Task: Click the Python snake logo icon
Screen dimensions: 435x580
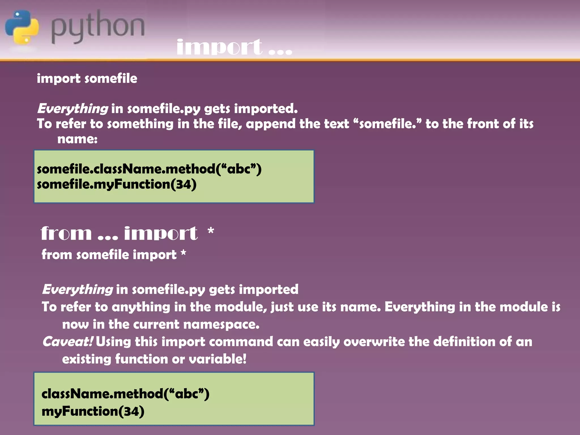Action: (x=22, y=27)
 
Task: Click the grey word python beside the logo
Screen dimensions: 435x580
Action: (x=98, y=27)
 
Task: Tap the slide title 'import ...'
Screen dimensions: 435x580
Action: (x=234, y=47)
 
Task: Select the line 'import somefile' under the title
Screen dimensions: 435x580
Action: (x=87, y=78)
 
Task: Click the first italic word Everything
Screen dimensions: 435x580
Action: (x=72, y=109)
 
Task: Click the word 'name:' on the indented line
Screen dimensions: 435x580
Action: (x=77, y=139)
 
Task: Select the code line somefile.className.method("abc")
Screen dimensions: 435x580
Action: (x=149, y=169)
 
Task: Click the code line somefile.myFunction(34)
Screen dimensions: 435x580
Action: (x=117, y=184)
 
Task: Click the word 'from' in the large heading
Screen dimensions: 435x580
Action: (x=66, y=234)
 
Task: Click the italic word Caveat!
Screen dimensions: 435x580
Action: (x=67, y=342)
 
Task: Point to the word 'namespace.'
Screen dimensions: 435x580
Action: (x=221, y=325)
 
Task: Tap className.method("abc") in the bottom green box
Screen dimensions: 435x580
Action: (x=125, y=394)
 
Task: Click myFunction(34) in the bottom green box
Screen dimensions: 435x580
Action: (x=93, y=411)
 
